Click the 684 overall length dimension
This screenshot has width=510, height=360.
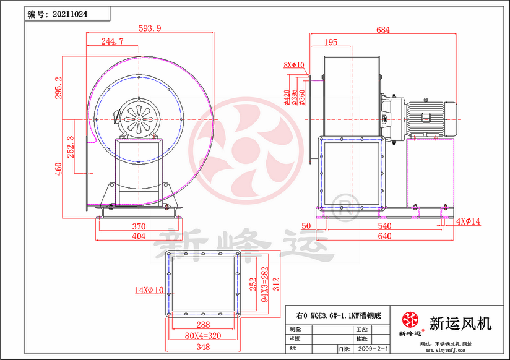383,29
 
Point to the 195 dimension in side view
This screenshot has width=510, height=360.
331,42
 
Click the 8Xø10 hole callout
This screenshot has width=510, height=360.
294,65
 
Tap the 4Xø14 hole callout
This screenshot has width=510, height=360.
468,220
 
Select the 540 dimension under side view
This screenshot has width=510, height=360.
384,227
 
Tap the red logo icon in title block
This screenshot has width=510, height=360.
410,320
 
